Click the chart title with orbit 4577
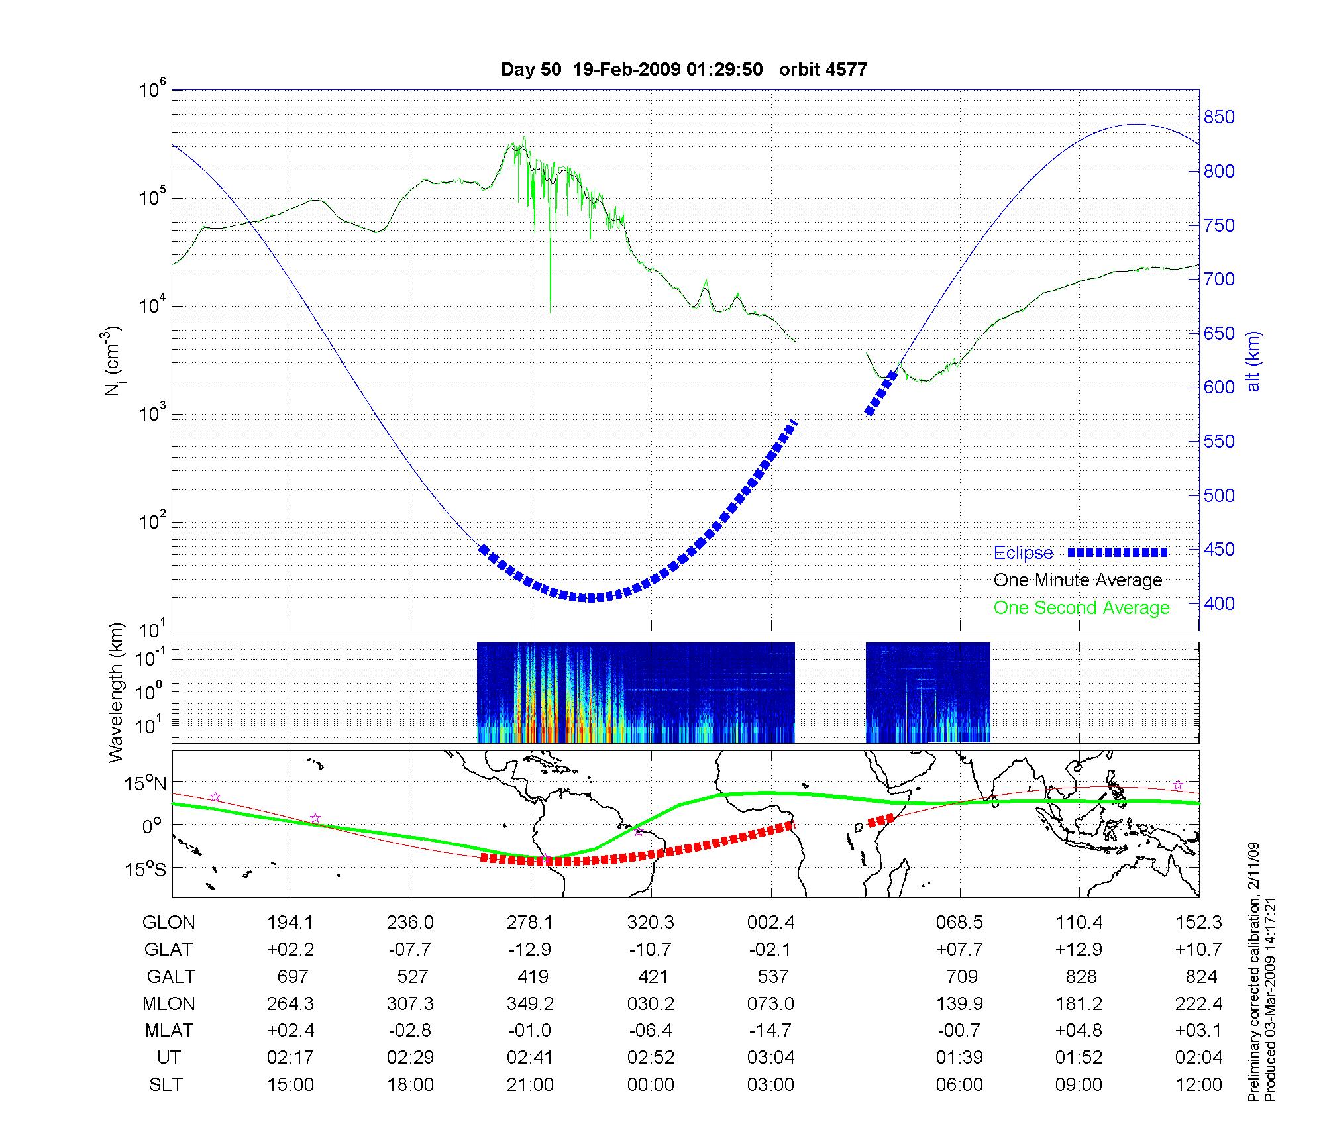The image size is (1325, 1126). click(x=684, y=70)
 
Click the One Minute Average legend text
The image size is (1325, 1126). click(x=1078, y=580)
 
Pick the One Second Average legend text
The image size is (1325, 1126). click(x=1081, y=608)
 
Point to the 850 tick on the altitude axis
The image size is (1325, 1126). click(x=1219, y=117)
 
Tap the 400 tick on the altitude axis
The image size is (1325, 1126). click(x=1219, y=603)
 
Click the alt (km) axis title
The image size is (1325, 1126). click(x=1253, y=361)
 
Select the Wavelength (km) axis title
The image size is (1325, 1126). click(x=117, y=693)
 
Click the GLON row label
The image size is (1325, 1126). click(x=169, y=923)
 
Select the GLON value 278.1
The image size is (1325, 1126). click(x=530, y=923)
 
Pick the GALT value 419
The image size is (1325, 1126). click(x=533, y=977)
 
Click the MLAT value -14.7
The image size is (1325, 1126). click(x=770, y=1031)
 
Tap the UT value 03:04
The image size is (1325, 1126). click(x=770, y=1057)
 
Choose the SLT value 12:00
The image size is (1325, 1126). click(x=1198, y=1084)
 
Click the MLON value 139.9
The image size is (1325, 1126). click(x=959, y=1003)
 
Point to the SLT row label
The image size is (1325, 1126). click(x=166, y=1084)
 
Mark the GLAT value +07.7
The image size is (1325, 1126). click(x=959, y=950)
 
